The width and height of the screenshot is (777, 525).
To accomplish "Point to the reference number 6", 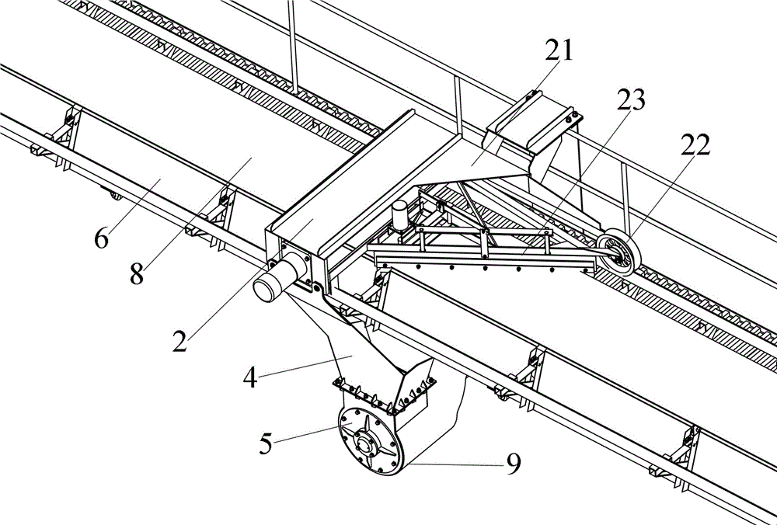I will point(101,238).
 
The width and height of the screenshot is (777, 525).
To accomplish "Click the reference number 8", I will point(137,274).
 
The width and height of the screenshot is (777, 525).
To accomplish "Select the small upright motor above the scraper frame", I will point(399,215).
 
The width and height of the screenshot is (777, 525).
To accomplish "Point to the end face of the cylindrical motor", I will point(266,290).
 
